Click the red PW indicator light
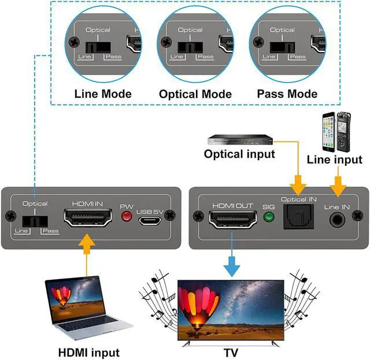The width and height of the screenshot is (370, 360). [127, 216]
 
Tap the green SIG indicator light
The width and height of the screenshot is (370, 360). [269, 217]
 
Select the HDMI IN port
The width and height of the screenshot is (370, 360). [88, 218]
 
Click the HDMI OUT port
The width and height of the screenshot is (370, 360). [232, 219]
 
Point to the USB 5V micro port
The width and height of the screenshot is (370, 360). [150, 221]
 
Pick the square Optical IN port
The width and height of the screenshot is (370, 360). [298, 217]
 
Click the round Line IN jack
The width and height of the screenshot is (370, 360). [337, 220]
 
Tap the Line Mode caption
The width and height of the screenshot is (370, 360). [103, 94]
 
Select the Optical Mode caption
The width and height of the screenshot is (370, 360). [195, 94]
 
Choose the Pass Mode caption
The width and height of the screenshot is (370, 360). [287, 94]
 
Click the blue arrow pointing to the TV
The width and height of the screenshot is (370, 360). [232, 254]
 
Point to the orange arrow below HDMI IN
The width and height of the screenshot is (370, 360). [87, 255]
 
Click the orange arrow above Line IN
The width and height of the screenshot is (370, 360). [338, 181]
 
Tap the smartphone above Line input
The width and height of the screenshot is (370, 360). [329, 132]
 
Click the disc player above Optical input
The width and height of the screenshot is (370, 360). [240, 140]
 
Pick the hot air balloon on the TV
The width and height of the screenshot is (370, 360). [198, 307]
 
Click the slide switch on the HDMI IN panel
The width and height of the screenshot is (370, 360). [35, 221]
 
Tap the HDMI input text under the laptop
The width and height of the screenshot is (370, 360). [88, 352]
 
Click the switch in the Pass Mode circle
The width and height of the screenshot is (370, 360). [283, 47]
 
